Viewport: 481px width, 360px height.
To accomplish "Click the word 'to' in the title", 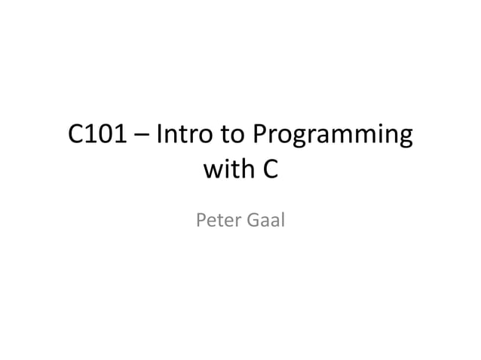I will [234, 136].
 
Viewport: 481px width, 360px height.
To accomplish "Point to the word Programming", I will [332, 139].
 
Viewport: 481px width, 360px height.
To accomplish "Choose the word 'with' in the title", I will [227, 171].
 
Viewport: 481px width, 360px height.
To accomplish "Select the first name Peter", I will [216, 221].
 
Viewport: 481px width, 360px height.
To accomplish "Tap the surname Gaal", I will [263, 221].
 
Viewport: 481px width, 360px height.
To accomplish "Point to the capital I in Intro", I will [158, 136].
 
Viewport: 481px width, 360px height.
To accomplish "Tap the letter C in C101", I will [76, 136].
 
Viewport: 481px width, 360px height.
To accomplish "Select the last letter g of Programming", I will [403, 141].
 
